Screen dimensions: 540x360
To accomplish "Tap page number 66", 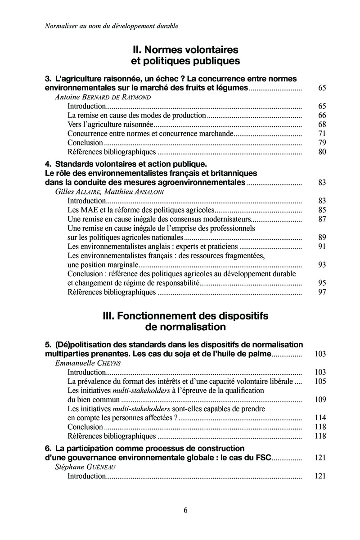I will click(x=322, y=115).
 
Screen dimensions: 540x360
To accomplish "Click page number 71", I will click(x=322, y=134).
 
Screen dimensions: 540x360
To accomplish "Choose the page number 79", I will click(x=322, y=143).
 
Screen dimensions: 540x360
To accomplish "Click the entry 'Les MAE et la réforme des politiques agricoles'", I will click(x=140, y=210).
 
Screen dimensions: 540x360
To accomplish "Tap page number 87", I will click(x=322, y=219).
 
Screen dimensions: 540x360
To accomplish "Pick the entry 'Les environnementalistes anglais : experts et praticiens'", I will click(x=152, y=247).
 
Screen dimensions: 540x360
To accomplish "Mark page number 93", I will click(x=322, y=265).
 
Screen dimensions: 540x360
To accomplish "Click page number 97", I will click(x=322, y=292).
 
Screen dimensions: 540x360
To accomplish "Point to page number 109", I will click(x=320, y=400).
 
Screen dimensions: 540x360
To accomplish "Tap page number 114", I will click(x=320, y=418).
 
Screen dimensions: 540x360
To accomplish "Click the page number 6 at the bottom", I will click(x=185, y=510).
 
